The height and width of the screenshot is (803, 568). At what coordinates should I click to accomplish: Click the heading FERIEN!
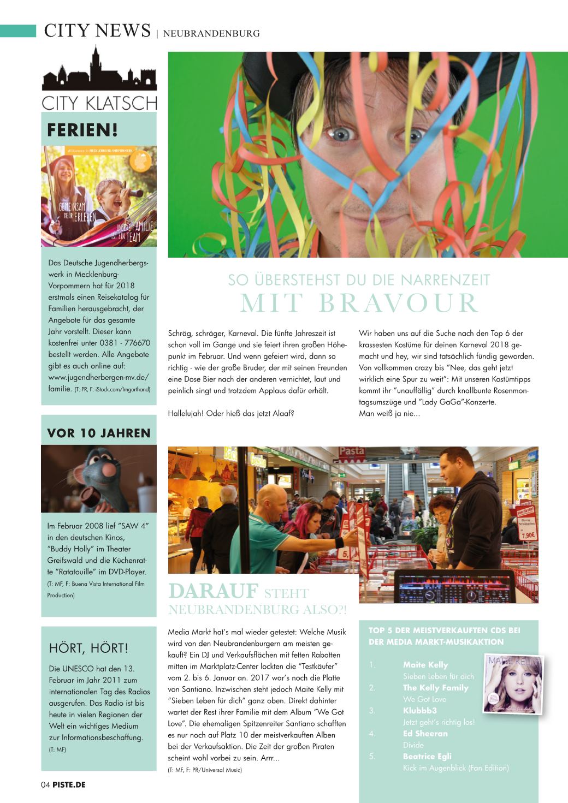tap(82, 130)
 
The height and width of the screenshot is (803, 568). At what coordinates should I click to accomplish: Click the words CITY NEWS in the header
tap(97, 31)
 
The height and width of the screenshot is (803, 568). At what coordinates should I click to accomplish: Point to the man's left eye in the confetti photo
tap(343, 134)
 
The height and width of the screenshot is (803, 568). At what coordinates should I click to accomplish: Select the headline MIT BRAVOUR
tap(359, 304)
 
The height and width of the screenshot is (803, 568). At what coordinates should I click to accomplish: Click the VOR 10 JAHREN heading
tap(99, 433)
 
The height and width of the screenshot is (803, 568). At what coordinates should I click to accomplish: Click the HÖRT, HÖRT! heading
tap(88, 648)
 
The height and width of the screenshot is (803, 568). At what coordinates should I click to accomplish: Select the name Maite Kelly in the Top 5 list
tap(425, 665)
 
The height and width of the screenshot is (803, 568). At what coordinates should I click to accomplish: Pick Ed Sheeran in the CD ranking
tap(425, 734)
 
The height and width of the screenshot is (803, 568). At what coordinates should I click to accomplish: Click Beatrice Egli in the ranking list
tap(427, 757)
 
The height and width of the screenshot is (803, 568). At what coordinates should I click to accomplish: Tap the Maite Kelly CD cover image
tap(513, 683)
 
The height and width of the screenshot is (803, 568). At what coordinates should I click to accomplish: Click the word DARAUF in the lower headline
tap(213, 591)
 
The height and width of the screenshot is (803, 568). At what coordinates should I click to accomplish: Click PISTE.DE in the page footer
tap(69, 785)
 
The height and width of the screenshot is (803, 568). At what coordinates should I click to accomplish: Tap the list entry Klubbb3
tap(419, 711)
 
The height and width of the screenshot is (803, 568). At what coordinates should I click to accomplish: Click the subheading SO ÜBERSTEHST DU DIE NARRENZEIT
tap(359, 280)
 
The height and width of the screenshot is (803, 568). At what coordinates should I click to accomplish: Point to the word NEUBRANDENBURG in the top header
tap(211, 33)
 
